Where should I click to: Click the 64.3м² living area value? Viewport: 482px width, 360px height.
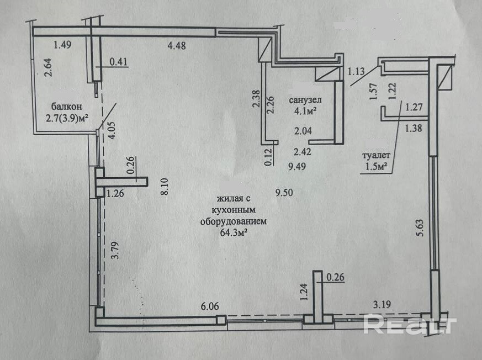click(x=233, y=234)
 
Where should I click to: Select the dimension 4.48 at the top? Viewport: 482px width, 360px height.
click(x=176, y=46)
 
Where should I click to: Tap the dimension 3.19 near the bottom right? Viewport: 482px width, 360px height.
click(x=383, y=304)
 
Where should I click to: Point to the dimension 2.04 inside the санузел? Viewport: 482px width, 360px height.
click(x=303, y=131)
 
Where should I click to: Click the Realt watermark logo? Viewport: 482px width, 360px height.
click(x=410, y=325)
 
